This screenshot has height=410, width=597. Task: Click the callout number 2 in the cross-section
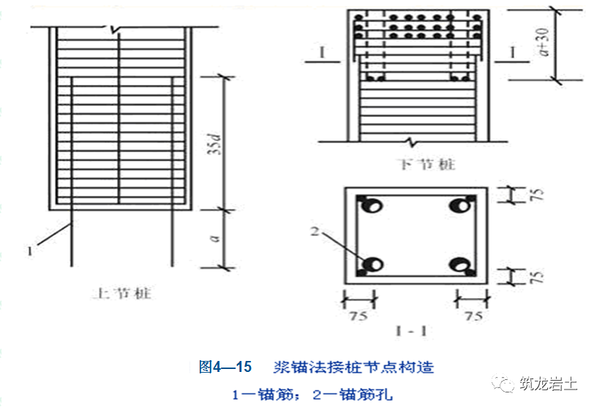(x=316, y=233)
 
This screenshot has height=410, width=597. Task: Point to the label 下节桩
(x=416, y=165)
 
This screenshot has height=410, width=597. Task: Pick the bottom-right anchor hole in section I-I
(x=462, y=264)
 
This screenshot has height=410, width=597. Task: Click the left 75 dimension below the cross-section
(x=358, y=316)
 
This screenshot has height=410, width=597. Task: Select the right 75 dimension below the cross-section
(x=473, y=316)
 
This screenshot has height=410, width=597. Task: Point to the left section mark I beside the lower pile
(x=321, y=52)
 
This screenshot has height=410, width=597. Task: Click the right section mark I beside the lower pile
(x=511, y=52)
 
